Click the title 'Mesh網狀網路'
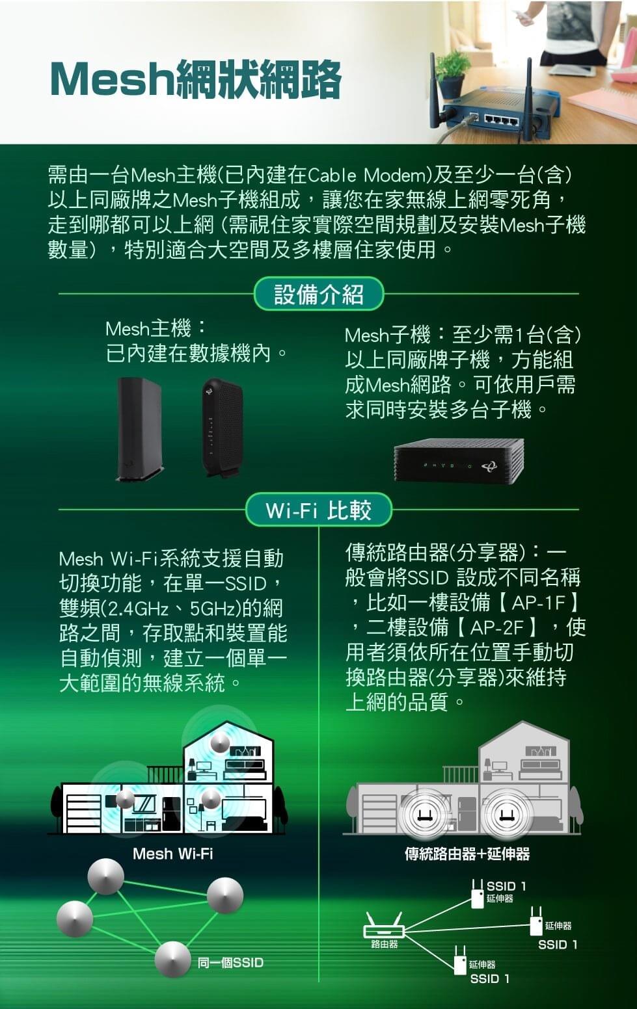click(195, 80)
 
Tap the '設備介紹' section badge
click(318, 295)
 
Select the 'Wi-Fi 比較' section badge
click(318, 510)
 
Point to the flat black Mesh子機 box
click(458, 461)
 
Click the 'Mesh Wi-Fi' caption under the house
click(172, 854)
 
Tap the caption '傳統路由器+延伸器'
click(467, 854)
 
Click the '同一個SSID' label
click(230, 962)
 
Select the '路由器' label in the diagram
click(384, 944)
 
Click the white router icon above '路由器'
click(384, 926)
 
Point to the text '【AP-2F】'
click(496, 627)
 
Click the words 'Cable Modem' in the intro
click(366, 176)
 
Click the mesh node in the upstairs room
click(221, 742)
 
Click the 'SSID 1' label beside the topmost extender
click(506, 886)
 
